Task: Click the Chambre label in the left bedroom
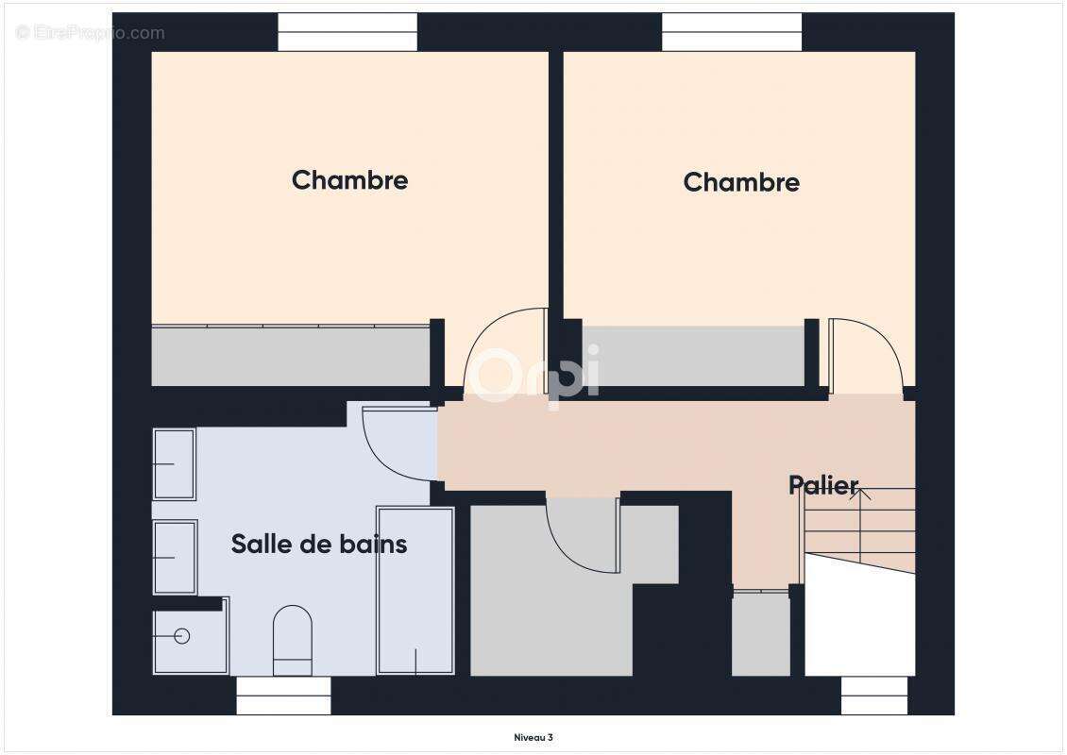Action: click(x=349, y=180)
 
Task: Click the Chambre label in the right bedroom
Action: click(x=741, y=182)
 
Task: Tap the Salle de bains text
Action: click(x=319, y=544)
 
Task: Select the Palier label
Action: click(x=823, y=486)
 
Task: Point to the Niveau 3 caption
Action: click(x=533, y=737)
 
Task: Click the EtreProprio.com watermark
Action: click(x=91, y=33)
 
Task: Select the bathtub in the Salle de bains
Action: click(x=415, y=590)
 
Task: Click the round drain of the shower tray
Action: click(x=182, y=636)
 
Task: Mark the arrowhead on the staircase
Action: click(x=859, y=493)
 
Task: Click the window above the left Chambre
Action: click(x=347, y=32)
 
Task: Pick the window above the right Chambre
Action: click(x=732, y=32)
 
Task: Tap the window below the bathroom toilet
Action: click(x=283, y=696)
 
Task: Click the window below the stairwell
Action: click(x=873, y=696)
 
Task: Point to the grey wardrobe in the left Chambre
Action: click(x=291, y=356)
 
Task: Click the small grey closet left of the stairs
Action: click(x=760, y=633)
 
